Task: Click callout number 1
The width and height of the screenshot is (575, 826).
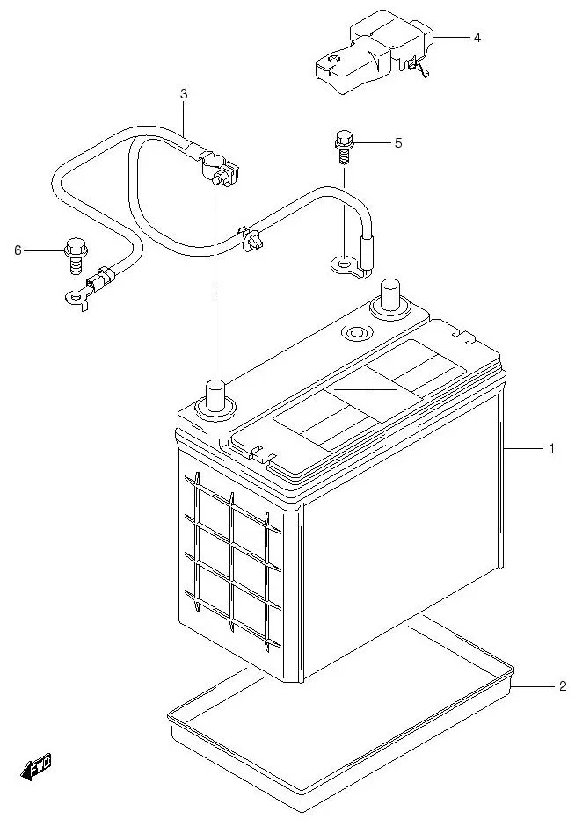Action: [x=551, y=449]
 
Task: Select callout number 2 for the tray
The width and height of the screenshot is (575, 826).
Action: [x=562, y=686]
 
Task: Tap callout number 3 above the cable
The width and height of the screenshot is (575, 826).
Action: [x=184, y=93]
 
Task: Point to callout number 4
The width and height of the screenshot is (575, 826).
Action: [x=477, y=38]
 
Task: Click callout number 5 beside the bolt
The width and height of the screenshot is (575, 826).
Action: [x=397, y=142]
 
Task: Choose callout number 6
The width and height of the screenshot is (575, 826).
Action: [x=17, y=250]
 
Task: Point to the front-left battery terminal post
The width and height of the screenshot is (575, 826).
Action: [x=215, y=393]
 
